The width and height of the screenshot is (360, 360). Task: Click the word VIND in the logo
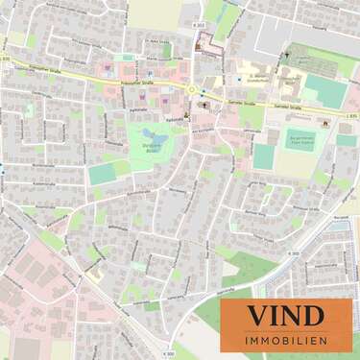286,314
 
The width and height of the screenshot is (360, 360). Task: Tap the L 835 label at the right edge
349,114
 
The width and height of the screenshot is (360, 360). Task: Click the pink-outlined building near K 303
204,44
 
